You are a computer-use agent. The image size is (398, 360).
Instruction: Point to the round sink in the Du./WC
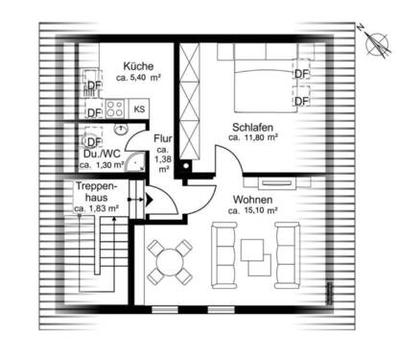pos(122,129)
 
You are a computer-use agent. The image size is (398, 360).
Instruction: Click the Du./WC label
pos(100,154)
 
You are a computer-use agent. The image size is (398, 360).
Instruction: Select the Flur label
pos(162,139)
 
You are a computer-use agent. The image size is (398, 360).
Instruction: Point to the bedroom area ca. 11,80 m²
pos(253,138)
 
